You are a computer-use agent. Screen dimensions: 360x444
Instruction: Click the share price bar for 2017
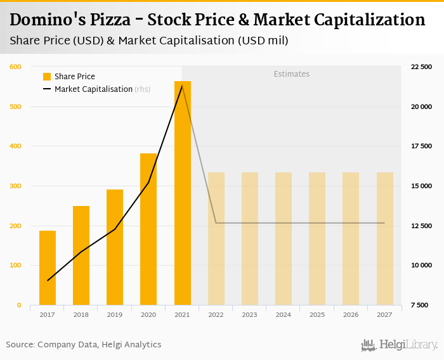click(48, 267)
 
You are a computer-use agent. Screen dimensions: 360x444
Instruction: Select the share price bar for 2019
click(115, 247)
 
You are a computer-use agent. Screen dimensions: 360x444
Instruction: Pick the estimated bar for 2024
click(284, 238)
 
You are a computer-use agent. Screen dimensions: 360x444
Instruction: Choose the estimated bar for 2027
click(384, 238)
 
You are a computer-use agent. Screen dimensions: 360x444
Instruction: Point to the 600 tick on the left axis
click(15, 67)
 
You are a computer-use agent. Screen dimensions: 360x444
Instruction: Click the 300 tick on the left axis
click(15, 186)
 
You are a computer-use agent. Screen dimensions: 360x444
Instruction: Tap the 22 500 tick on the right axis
click(421, 67)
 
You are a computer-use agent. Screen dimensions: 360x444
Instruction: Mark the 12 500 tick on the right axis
click(421, 226)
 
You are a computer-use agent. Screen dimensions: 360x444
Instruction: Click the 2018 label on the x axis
click(81, 315)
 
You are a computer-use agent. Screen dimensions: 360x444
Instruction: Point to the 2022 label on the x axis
click(216, 315)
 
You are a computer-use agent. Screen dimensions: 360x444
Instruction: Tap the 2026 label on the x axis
click(351, 315)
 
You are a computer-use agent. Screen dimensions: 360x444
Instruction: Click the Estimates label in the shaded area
click(291, 74)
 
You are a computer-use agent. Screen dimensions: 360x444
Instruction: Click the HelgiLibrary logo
click(399, 345)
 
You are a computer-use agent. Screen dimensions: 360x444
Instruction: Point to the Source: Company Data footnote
click(83, 345)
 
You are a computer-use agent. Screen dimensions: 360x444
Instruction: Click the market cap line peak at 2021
click(183, 86)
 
